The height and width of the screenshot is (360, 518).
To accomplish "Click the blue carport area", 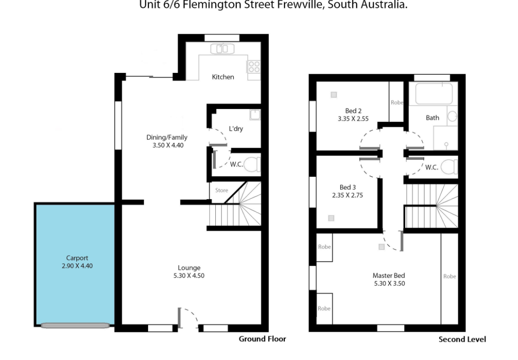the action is coord(75,264).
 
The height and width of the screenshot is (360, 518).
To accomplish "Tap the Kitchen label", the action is coord(223,77).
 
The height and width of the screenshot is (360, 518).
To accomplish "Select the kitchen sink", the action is coord(222,49).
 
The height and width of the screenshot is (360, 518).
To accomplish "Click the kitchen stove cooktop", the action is coord(254,66).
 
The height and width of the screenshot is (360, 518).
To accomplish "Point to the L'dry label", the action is coord(236,128).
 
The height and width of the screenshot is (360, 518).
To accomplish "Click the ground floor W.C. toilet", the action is coord(253,164).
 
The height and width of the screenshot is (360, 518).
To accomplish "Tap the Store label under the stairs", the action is coord(221,190).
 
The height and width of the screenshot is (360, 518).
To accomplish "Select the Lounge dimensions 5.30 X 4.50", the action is coord(189,275).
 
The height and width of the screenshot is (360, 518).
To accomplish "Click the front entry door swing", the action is coord(188,318).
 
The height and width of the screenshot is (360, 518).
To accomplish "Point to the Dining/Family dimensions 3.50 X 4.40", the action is coord(168,145).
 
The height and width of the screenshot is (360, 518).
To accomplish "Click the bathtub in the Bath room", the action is coord(434,94).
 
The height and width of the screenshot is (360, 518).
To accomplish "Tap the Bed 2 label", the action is coord(353,111).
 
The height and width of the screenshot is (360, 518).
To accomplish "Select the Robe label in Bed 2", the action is coord(397,102).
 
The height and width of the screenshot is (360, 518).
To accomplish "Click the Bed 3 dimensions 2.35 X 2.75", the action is coord(347,195).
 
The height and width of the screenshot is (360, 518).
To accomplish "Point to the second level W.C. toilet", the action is coord(449,167).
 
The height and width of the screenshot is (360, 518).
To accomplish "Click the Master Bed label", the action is coord(389,275).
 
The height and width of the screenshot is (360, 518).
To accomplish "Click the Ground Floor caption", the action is coord(262,339).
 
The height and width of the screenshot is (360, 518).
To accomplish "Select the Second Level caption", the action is coord(462,339).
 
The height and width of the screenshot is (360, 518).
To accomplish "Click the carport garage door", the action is coord(75,326).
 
